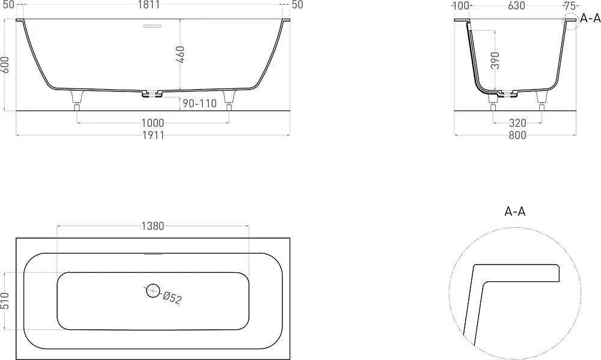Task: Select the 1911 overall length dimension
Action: tap(153, 135)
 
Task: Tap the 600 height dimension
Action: tap(5, 65)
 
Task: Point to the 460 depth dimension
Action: tap(180, 55)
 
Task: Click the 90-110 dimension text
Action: tap(200, 103)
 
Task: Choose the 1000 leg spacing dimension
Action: tap(153, 123)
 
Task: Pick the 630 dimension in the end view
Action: tap(516, 6)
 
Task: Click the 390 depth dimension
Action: tap(495, 60)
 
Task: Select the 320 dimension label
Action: tap(517, 123)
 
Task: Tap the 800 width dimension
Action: tap(517, 135)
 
